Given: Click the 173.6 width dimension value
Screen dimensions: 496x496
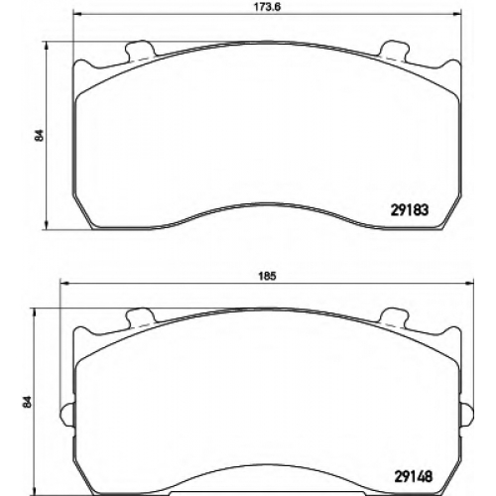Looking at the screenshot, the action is tap(266, 7).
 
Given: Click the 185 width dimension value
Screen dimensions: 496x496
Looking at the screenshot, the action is tap(267, 276).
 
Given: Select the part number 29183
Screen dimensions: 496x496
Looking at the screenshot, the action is tap(410, 210).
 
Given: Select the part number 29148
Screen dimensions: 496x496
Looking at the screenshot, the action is tap(414, 476).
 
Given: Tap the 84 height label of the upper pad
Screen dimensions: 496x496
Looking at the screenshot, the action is tap(40, 136).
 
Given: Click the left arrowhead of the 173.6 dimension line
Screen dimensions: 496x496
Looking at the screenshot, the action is tap(77, 14).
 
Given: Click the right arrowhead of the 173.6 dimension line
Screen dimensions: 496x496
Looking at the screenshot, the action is tap(456, 14).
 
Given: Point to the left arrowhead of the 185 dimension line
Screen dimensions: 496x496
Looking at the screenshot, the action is tap(63, 283).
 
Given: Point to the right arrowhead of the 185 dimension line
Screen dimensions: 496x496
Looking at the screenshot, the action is tap(469, 283).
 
